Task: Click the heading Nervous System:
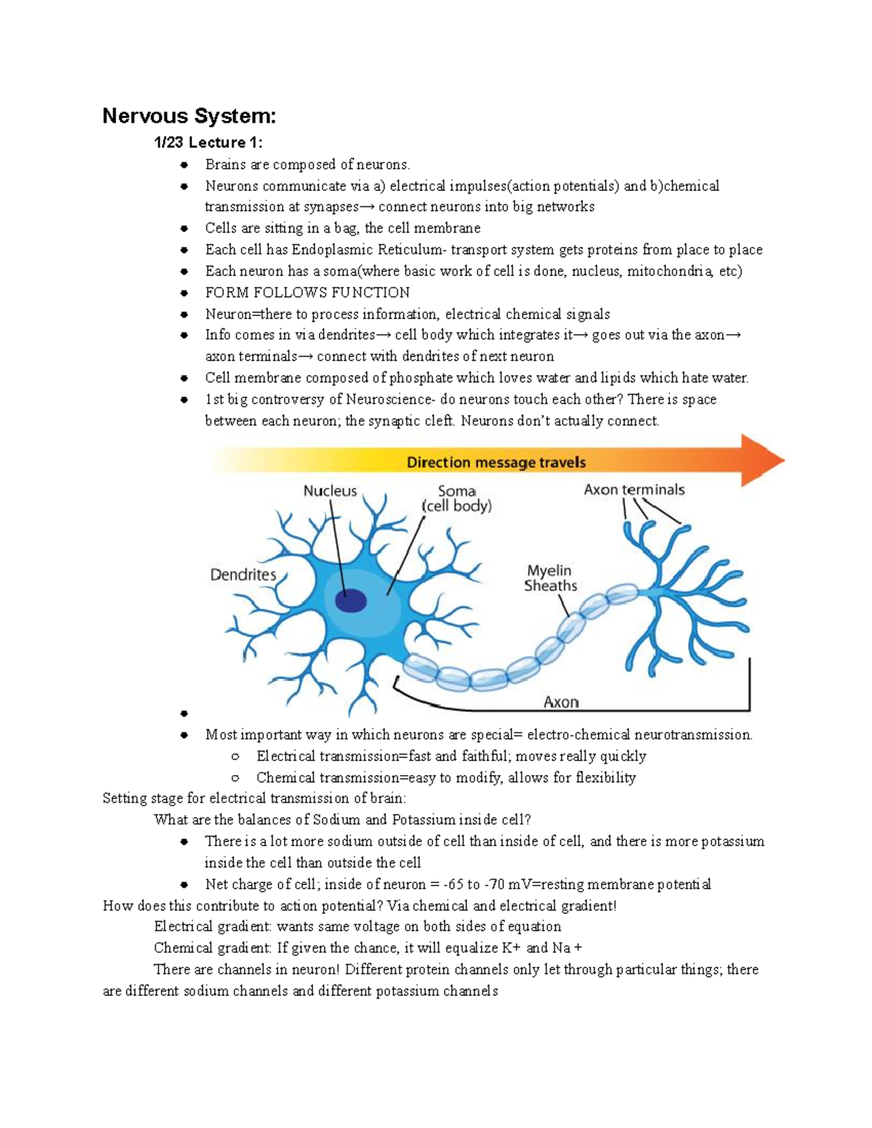189,116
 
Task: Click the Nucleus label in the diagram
330,491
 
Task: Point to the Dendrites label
243,575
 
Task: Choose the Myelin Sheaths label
550,578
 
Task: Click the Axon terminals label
634,490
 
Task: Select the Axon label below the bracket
561,702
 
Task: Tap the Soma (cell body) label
457,498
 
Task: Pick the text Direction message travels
496,463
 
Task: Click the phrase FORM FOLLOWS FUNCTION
307,293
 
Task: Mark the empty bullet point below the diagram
185,713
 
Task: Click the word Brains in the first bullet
225,165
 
